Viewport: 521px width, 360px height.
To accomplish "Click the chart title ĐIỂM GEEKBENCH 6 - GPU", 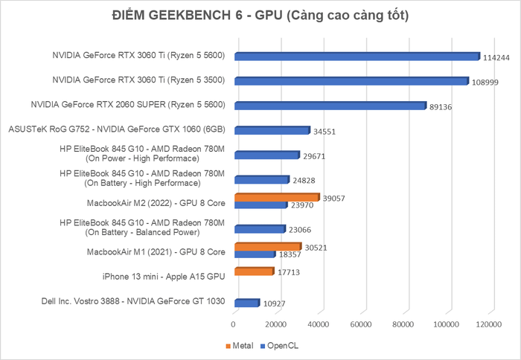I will [x=260, y=16].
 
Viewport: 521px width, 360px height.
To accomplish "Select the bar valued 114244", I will [x=357, y=56].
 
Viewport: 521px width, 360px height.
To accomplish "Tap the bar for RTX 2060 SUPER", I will [x=330, y=105].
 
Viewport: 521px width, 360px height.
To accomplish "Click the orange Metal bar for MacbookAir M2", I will [x=276, y=197].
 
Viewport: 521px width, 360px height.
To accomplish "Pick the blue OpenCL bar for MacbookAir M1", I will [x=254, y=254].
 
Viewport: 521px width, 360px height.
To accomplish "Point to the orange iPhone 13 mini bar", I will [x=253, y=271].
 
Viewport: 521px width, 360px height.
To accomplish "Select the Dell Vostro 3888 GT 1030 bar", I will [x=246, y=303].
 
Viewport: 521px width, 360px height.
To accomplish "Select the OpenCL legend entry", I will [x=280, y=346].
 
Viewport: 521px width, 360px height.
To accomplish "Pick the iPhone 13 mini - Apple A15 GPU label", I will [x=164, y=277].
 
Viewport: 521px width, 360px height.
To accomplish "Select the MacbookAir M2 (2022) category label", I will [x=156, y=202].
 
